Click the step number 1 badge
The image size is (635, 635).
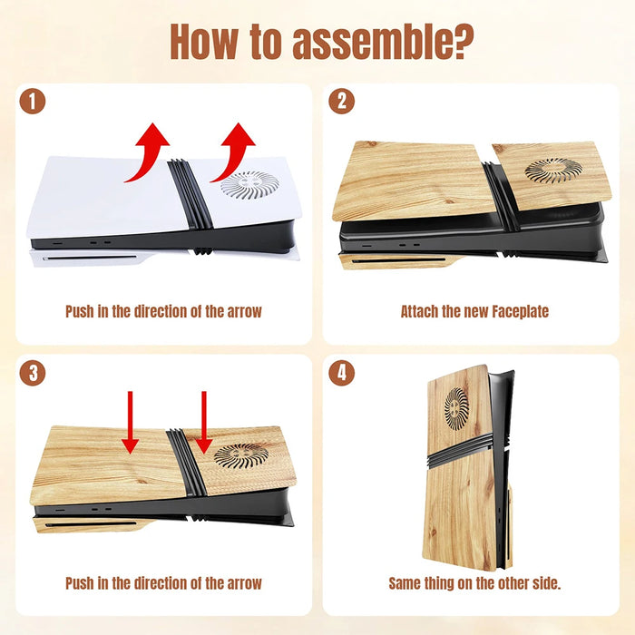pyautogui.click(x=33, y=101)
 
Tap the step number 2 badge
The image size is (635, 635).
pyautogui.click(x=341, y=101)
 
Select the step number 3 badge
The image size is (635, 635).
pyautogui.click(x=33, y=373)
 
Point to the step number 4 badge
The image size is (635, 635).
pyautogui.click(x=341, y=373)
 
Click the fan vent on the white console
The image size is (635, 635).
pyautogui.click(x=249, y=185)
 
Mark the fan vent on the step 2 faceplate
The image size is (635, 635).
pyautogui.click(x=553, y=170)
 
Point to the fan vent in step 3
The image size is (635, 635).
pyautogui.click(x=241, y=456)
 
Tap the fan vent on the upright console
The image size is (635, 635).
pyautogui.click(x=456, y=408)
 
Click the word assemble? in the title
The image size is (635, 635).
pyautogui.click(x=383, y=42)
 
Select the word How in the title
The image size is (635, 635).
pyautogui.click(x=204, y=42)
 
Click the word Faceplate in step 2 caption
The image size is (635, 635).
pyautogui.click(x=521, y=311)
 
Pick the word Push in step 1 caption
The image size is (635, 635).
pyautogui.click(x=80, y=311)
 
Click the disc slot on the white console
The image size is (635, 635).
pyautogui.click(x=90, y=258)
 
